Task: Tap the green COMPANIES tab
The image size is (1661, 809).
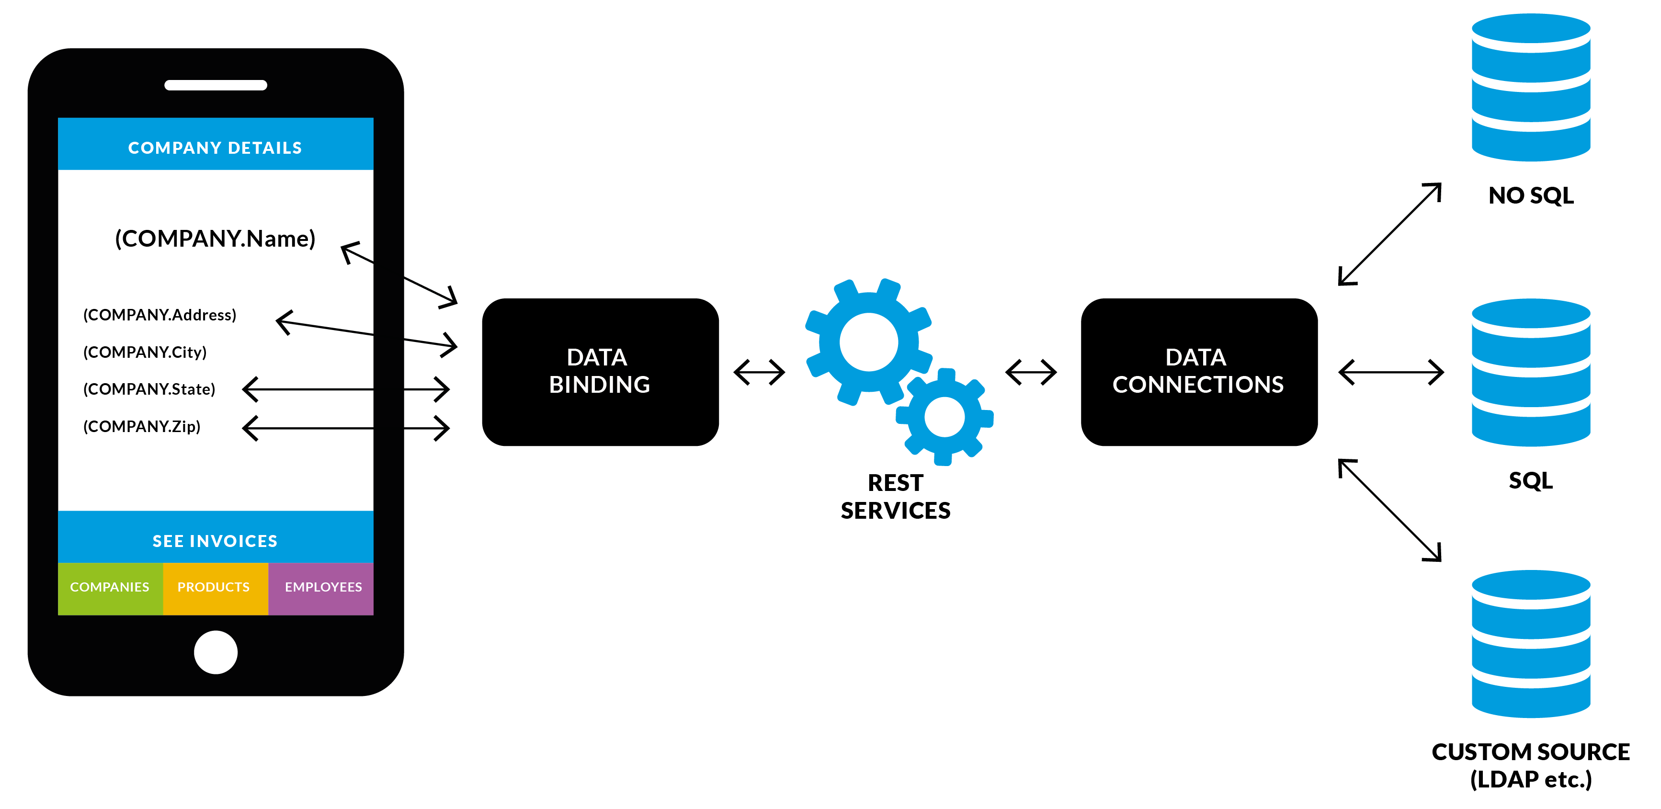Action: [110, 588]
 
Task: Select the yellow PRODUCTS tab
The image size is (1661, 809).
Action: [214, 588]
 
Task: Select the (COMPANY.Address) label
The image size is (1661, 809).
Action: [160, 315]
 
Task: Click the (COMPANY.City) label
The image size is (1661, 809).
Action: [145, 352]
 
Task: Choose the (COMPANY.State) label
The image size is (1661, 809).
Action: [149, 389]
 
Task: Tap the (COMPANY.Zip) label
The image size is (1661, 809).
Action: [142, 426]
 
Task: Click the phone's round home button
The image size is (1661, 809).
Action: [216, 652]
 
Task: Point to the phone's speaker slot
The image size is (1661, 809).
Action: [216, 85]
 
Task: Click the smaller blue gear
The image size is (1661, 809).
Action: [944, 417]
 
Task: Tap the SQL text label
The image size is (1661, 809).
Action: [1530, 480]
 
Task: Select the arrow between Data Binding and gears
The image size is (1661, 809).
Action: [759, 372]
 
